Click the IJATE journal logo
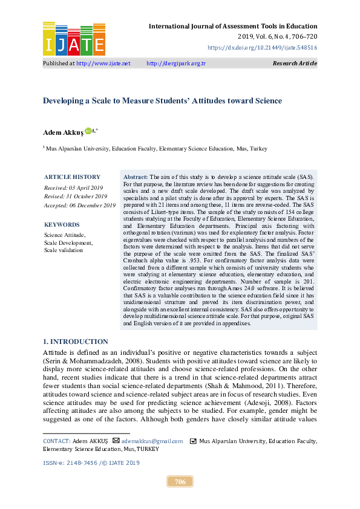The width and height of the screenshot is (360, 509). point(74,38)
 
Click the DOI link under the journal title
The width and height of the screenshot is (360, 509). point(262,47)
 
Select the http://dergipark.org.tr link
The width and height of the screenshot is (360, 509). point(176,63)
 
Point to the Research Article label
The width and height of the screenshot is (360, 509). point(295,63)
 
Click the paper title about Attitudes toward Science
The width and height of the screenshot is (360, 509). point(162,101)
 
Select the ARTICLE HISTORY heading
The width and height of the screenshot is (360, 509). point(72,177)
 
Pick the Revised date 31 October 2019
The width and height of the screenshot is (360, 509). point(76,196)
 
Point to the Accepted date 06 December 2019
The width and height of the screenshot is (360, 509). point(79,206)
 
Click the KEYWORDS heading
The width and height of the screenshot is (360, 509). point(61,224)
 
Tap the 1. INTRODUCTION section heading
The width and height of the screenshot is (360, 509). point(76,342)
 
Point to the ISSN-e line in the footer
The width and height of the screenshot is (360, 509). point(91,462)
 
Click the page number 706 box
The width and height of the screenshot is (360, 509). point(180,482)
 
